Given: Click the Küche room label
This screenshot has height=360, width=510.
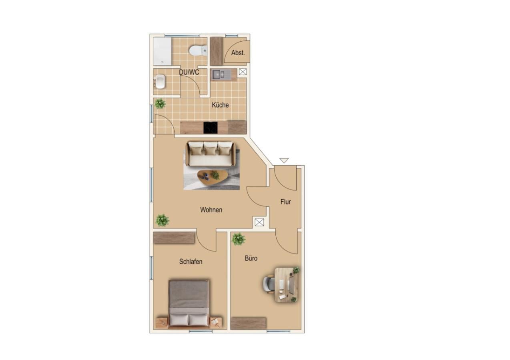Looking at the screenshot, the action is point(220,105).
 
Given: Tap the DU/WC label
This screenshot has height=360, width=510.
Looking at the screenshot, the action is point(189,72).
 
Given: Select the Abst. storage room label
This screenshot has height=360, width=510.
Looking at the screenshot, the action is point(238,53).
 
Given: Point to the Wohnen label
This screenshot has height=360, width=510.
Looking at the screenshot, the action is point(211,210).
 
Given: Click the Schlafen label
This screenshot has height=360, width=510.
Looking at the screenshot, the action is point(191,262).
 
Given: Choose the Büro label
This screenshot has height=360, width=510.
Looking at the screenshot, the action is point(251,258).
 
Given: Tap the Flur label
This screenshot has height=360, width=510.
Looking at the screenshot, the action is point(285,202).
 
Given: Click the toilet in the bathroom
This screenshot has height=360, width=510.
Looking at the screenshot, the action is point(198,50).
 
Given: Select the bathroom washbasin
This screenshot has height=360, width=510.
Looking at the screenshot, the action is point(159,82).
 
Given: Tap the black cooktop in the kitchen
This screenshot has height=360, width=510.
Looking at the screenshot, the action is point(211,128).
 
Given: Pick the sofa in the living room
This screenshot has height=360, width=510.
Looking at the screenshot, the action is point(211,154).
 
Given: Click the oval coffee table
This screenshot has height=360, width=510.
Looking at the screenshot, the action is point(213,178).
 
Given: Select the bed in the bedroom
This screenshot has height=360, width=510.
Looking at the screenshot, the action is point(189,304).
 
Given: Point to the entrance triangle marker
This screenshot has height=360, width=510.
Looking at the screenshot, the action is point(284,160).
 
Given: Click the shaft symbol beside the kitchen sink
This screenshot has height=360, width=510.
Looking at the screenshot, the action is point(243,72).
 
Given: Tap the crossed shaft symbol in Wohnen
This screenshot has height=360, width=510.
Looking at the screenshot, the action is point(259,222).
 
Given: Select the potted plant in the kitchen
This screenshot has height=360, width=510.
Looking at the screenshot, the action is point(160,104).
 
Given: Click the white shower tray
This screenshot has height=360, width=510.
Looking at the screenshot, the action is point(163,52).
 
